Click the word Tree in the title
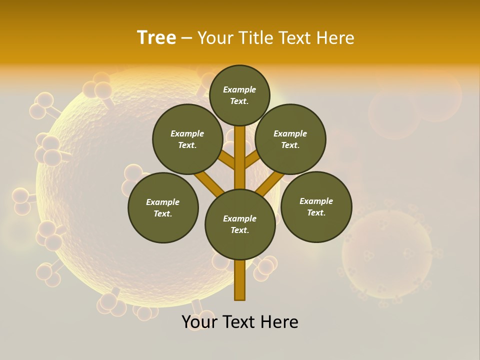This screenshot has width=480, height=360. (x=156, y=38)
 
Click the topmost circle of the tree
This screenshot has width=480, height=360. (x=239, y=95)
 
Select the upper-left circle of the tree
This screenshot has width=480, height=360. (x=187, y=139)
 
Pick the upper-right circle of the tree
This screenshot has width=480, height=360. (x=290, y=139)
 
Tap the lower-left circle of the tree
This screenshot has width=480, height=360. (x=163, y=207)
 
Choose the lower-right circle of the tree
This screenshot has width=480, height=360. (x=316, y=206)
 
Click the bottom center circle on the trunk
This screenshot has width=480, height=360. (x=240, y=224)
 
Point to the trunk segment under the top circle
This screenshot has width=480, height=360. (x=240, y=145)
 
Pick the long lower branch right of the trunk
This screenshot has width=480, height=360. (x=270, y=182)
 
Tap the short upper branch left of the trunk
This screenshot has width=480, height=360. (x=226, y=160)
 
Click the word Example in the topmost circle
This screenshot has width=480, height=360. (x=239, y=89)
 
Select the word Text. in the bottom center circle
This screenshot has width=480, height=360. (x=239, y=230)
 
